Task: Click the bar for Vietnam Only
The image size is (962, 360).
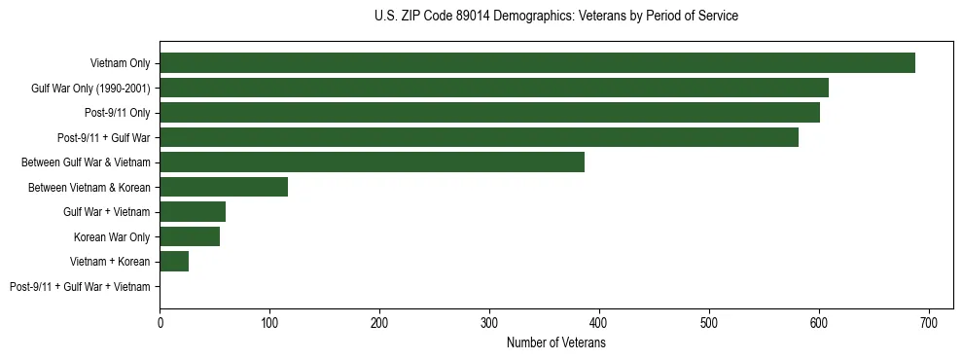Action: click(537, 63)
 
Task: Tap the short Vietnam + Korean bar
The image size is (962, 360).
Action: click(174, 262)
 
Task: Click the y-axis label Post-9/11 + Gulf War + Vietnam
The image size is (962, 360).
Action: click(80, 287)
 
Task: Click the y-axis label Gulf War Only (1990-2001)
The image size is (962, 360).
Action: click(90, 89)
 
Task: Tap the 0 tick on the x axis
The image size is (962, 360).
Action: click(160, 322)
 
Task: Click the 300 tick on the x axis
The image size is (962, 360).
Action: click(489, 322)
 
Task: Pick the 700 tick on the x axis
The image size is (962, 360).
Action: click(929, 322)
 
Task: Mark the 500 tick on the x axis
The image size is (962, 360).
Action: click(709, 322)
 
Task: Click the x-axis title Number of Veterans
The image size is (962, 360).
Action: click(556, 343)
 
